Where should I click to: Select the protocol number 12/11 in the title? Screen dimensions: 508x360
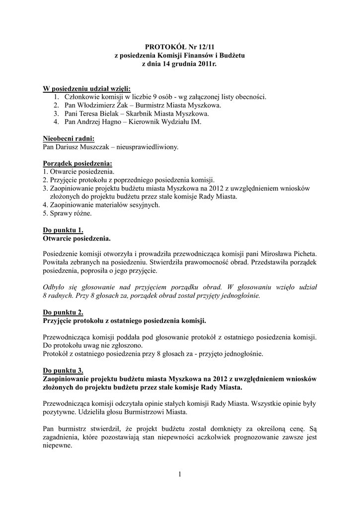(x=201, y=47)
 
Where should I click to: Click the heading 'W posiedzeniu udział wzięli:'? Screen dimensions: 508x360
(x=86, y=88)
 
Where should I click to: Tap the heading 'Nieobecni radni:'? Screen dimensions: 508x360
(x=69, y=138)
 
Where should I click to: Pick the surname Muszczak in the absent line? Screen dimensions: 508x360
(x=92, y=147)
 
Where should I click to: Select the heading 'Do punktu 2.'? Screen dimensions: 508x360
(x=63, y=313)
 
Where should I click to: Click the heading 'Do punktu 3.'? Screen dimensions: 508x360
(x=63, y=371)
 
